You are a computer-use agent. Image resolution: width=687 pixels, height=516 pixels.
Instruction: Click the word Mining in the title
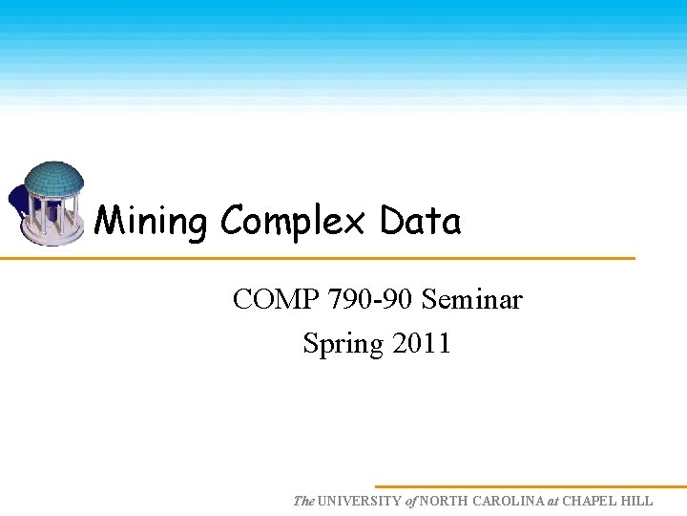click(151, 222)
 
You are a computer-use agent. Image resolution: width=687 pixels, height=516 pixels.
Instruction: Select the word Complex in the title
click(293, 222)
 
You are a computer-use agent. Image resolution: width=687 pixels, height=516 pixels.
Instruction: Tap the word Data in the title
click(420, 222)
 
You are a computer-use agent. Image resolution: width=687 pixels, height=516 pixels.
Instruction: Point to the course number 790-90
click(370, 300)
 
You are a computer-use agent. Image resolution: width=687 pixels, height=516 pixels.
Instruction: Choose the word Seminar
click(472, 300)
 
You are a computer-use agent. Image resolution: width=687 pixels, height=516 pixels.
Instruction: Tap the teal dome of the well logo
click(53, 178)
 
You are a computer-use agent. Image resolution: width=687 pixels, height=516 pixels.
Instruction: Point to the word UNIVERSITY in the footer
click(361, 501)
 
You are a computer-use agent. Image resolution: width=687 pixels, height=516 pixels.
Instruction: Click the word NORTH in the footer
click(443, 501)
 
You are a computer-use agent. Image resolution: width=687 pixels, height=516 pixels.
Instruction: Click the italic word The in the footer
click(303, 501)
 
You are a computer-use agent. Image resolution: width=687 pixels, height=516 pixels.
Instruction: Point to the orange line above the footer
click(531, 486)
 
